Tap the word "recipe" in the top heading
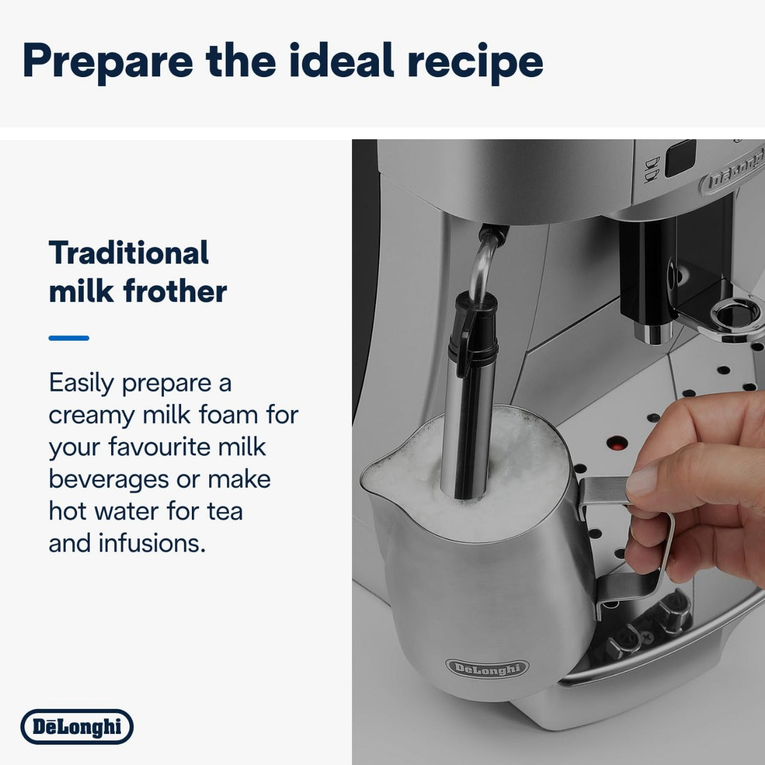point(475,62)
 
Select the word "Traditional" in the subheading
point(128,253)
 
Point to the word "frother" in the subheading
point(175,292)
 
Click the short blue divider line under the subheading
point(69,338)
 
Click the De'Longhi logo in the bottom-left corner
point(76,727)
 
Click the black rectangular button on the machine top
point(680,158)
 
